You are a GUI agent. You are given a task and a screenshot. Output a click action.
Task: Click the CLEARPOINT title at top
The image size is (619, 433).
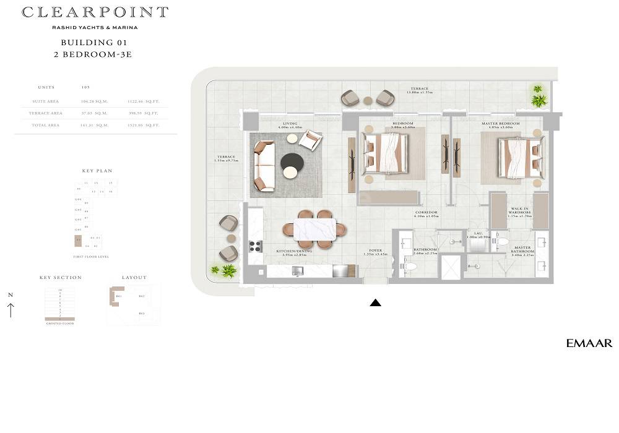[95, 12]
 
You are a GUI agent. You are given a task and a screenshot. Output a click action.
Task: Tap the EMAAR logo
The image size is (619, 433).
[589, 343]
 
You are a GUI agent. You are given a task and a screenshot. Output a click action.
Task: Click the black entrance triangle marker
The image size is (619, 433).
[375, 302]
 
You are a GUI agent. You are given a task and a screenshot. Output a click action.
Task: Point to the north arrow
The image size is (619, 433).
[11, 307]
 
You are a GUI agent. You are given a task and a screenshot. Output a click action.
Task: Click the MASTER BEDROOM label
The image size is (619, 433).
[500, 124]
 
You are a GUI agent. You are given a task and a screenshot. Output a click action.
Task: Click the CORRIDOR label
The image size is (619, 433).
[426, 213]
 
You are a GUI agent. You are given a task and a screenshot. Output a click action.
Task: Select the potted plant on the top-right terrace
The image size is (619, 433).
[539, 96]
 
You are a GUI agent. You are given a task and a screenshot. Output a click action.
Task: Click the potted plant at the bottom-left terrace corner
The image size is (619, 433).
[227, 270]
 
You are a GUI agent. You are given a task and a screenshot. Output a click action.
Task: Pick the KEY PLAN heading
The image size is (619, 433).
[97, 171]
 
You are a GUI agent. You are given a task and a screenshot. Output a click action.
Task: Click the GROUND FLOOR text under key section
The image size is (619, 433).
[60, 324]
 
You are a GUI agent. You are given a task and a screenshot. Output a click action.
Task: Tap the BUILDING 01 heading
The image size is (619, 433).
[94, 43]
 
